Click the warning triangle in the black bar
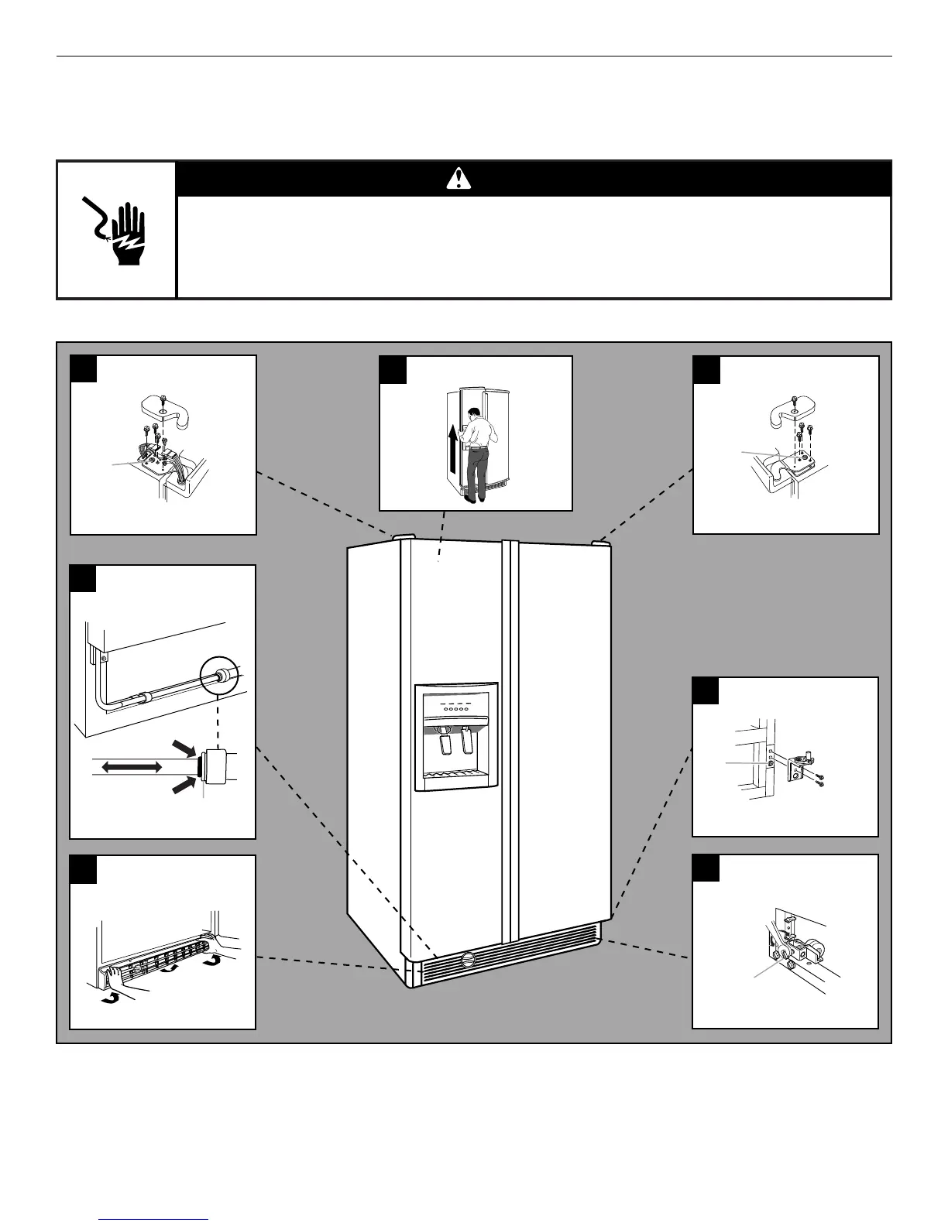(x=459, y=180)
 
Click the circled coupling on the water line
(x=222, y=675)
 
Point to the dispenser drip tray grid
(x=455, y=775)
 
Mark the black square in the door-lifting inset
(x=393, y=369)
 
